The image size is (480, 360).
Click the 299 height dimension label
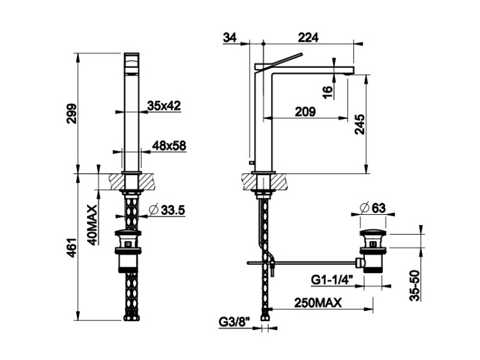pyautogui.click(x=72, y=113)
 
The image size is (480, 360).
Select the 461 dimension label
pyautogui.click(x=72, y=247)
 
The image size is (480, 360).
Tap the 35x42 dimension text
pyautogui.click(x=164, y=106)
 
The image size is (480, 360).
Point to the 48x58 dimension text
pyautogui.click(x=169, y=146)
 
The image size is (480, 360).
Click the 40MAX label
pyautogui.click(x=92, y=225)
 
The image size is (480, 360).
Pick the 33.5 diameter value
pyautogui.click(x=173, y=210)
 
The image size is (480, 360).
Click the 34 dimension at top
pyautogui.click(x=230, y=38)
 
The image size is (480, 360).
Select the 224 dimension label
pyautogui.click(x=308, y=38)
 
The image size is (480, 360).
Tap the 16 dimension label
pyautogui.click(x=327, y=92)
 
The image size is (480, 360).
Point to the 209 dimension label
pyautogui.click(x=305, y=112)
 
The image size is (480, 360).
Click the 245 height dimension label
pyautogui.click(x=360, y=124)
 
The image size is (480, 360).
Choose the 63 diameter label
pyautogui.click(x=379, y=208)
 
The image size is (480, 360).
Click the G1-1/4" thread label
pyautogui.click(x=332, y=279)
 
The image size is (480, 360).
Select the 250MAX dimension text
pyautogui.click(x=317, y=303)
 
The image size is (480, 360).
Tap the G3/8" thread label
pyautogui.click(x=234, y=322)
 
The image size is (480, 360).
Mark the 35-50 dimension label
pyautogui.click(x=415, y=285)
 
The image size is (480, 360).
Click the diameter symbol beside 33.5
pyautogui.click(x=153, y=210)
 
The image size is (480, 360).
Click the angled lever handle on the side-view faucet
pyautogui.click(x=279, y=63)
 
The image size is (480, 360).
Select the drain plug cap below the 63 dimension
pyautogui.click(x=372, y=232)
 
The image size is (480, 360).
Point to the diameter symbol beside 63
pyautogui.click(x=364, y=208)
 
